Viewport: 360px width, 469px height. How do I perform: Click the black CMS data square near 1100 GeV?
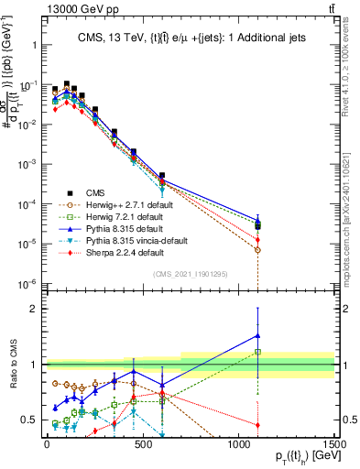pyautogui.click(x=258, y=226)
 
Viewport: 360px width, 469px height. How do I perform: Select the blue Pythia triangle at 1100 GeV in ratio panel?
pyautogui.click(x=258, y=335)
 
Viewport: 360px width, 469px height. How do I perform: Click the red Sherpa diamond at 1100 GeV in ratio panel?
pyautogui.click(x=258, y=425)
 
